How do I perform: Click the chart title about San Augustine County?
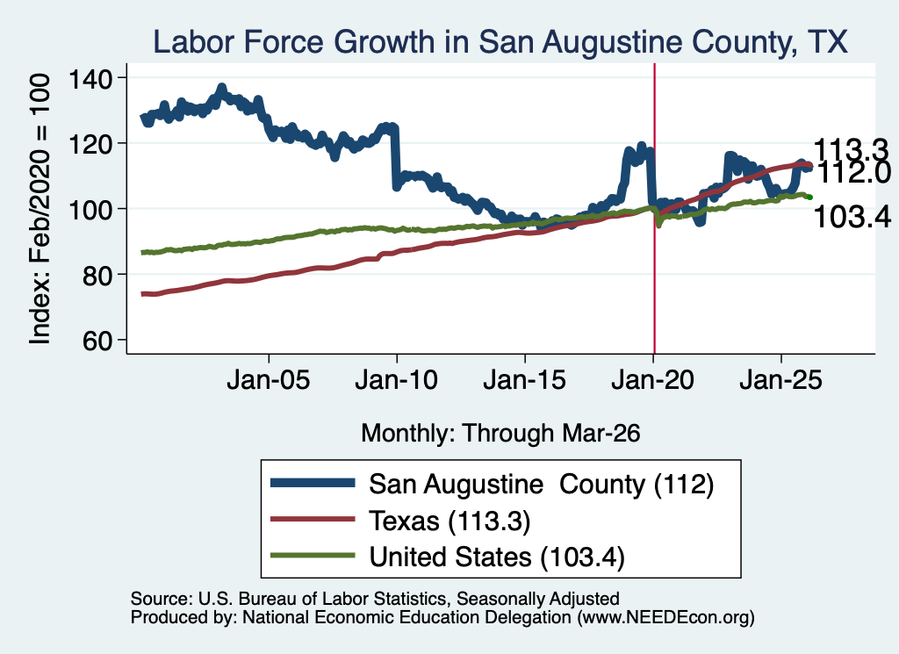tap(500, 42)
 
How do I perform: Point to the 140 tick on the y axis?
tap(90, 78)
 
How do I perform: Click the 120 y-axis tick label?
tap(90, 144)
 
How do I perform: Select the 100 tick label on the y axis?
tap(90, 210)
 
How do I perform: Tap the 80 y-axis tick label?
tap(97, 275)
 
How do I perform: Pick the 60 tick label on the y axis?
tap(97, 341)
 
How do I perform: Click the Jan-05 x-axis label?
tap(269, 380)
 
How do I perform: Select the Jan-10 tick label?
tap(396, 380)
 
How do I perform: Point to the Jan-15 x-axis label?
tap(525, 380)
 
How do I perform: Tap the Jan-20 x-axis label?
tap(652, 380)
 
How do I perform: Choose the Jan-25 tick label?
tap(780, 380)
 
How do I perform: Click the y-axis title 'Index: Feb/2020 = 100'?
tap(40, 209)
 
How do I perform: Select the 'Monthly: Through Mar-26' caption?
tap(500, 434)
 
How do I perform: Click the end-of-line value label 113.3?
tap(851, 149)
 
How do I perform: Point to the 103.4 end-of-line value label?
tap(852, 217)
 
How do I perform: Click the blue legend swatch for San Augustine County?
tap(313, 483)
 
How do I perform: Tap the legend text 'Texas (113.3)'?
tap(449, 521)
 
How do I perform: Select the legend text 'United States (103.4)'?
tap(497, 557)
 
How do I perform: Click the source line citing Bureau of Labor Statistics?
tap(375, 599)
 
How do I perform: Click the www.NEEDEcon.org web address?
tap(665, 617)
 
